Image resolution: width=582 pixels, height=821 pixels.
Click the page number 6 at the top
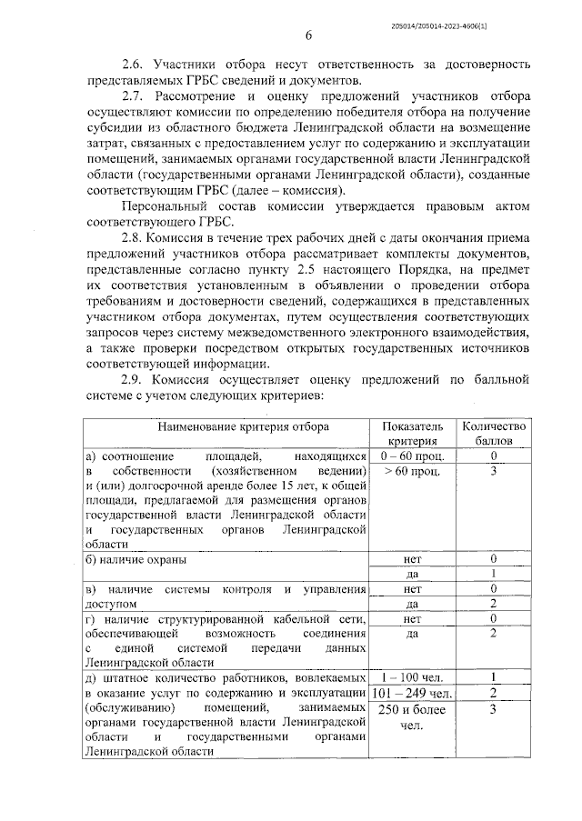[308, 35]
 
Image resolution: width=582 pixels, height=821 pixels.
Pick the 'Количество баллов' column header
[494, 433]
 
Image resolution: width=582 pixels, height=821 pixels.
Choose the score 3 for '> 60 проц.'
[493, 471]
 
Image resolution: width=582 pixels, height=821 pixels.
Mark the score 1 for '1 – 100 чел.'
[493, 677]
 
